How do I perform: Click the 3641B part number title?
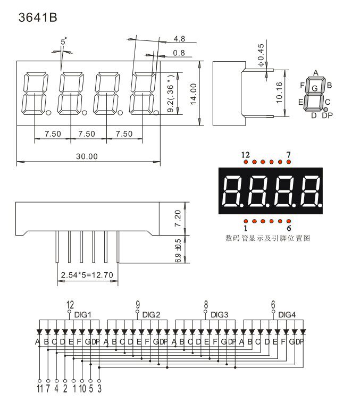[x=37, y=18]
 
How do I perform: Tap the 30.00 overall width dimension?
[x=87, y=156]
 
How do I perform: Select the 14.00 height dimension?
[x=193, y=94]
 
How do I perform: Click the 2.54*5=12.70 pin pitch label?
[x=87, y=275]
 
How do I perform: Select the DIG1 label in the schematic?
[x=83, y=315]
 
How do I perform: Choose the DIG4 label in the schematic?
[x=287, y=315]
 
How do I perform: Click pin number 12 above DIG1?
[x=70, y=305]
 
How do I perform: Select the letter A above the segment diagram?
[x=315, y=73]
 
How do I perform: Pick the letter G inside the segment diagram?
[x=315, y=88]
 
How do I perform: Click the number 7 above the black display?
[x=288, y=155]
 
